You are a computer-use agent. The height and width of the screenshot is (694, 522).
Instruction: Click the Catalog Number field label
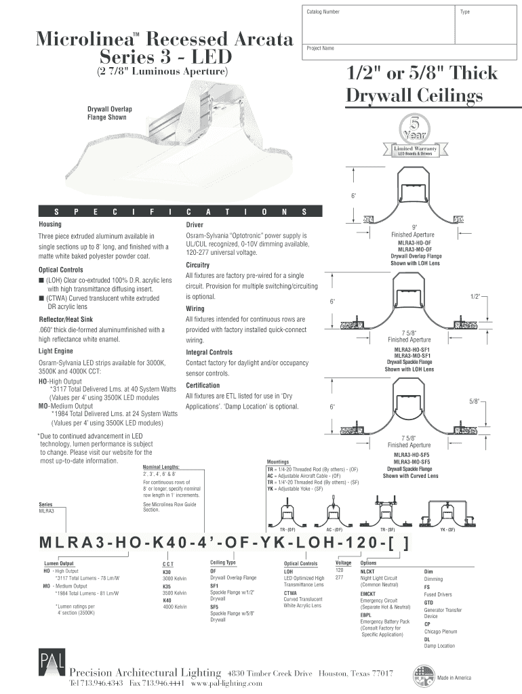point(323,13)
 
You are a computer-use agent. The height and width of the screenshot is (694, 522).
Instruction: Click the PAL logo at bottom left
point(49,666)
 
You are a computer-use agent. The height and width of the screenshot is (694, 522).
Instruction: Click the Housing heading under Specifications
point(50,224)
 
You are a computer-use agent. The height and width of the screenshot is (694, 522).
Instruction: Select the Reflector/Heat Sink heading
point(66,319)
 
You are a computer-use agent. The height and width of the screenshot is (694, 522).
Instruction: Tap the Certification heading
point(204,385)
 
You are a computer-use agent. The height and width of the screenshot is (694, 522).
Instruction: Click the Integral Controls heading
point(209,352)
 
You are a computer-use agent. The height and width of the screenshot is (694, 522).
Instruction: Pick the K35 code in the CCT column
point(167,586)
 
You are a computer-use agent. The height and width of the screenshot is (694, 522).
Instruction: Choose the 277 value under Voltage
point(340,577)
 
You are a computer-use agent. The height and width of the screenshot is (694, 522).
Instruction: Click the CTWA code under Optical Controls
point(290,592)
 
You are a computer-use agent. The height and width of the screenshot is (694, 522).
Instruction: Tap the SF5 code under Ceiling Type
point(214,607)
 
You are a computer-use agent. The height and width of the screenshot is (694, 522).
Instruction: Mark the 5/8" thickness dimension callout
point(475,402)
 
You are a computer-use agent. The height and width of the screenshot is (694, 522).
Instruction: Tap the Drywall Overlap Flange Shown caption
point(109,113)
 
